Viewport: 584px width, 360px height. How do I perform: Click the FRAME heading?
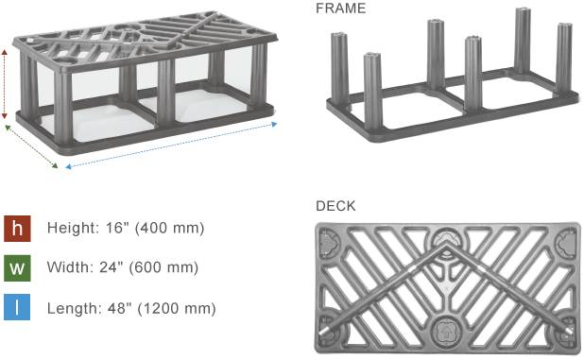tap(340, 9)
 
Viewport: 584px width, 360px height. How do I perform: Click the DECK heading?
tap(335, 206)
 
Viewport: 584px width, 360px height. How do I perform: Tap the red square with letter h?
tap(17, 229)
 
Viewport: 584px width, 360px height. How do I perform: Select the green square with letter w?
tap(17, 268)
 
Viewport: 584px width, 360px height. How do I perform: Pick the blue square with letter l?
tap(17, 307)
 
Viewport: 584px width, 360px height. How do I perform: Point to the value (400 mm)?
tap(169, 228)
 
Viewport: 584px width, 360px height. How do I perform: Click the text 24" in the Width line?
tap(111, 266)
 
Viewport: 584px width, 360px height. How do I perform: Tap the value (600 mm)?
tap(163, 267)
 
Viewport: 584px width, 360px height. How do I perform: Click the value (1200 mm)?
tap(177, 309)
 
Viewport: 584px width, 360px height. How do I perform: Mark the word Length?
tap(74, 309)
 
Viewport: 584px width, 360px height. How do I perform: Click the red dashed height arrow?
tap(5, 84)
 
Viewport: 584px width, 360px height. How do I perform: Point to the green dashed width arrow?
tap(31, 146)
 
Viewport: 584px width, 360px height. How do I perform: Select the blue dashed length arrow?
tap(171, 146)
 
